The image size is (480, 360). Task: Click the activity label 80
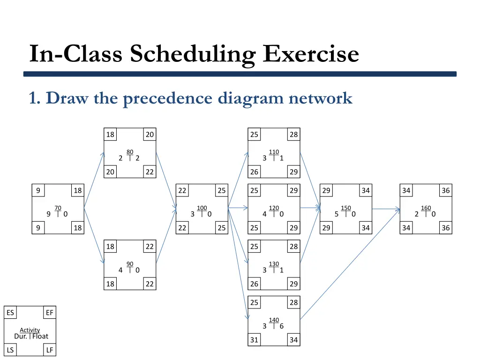pos(130,151)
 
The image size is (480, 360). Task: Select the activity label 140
pos(274,320)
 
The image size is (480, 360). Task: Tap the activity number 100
pos(202,208)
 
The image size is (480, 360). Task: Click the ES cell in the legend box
pos(10,313)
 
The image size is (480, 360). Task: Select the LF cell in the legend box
pos(50,350)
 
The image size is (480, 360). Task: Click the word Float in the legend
pos(40,336)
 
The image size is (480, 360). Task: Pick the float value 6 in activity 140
pos(281,326)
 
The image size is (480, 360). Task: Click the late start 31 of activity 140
pos(254,340)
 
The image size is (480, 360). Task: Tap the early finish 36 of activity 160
pos(445,190)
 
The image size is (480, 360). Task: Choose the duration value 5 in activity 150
pos(337,214)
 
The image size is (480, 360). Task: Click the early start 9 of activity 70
pos(38,190)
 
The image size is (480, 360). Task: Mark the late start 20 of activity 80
pos(110,172)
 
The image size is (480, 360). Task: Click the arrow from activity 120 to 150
pos(309,207)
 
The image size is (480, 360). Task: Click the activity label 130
pos(274,264)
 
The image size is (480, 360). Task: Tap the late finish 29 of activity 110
pos(293,172)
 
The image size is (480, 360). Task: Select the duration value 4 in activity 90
pos(120,270)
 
